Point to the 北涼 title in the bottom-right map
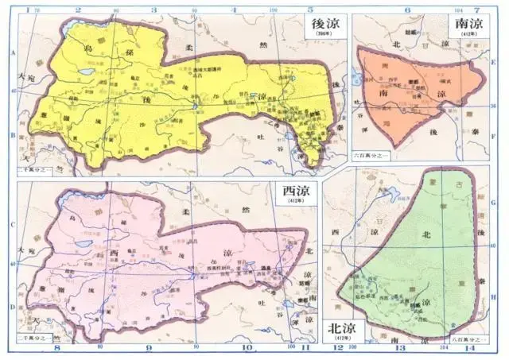tap(340, 328)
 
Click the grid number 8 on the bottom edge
tap(56, 348)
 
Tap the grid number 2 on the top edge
tap(78, 9)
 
